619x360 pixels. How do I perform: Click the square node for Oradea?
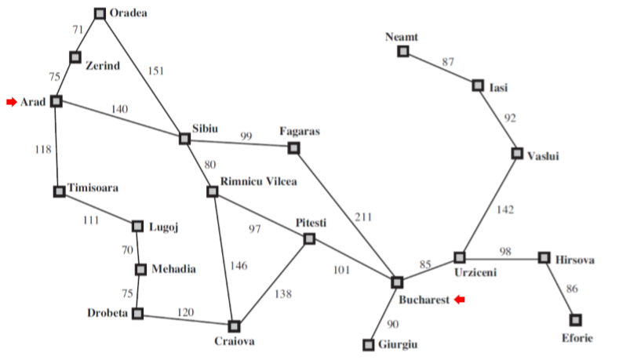coord(100,13)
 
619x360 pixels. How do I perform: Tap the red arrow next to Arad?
coord(12,102)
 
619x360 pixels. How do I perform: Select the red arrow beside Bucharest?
coord(461,300)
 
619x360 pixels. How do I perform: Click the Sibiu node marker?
coord(184,139)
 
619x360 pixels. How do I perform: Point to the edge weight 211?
coord(363,217)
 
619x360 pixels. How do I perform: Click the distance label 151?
coord(157,71)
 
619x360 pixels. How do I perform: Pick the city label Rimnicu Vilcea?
coord(259,182)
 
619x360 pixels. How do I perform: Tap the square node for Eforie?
coord(576,319)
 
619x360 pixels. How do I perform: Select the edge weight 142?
coord(507,209)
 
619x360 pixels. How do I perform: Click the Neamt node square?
coord(403,52)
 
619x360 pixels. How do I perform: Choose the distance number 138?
coord(282,295)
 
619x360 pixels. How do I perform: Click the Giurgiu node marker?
coord(369,344)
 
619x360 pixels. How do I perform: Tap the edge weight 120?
coord(185,311)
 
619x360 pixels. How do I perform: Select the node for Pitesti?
coord(309,238)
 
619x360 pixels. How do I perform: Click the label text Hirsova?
coord(576,260)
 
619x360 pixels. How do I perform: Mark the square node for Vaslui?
coord(517,153)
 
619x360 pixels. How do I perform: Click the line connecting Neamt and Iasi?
coord(440,68)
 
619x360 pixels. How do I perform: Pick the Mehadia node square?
coord(140,270)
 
